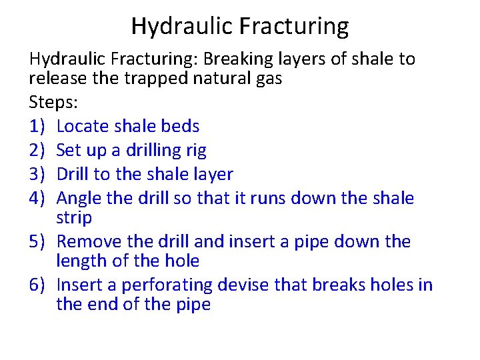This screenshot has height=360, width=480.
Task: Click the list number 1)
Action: [37, 126]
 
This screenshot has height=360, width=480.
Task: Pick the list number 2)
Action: [37, 150]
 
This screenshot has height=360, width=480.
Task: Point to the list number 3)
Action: [37, 174]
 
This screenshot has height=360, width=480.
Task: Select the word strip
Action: [74, 217]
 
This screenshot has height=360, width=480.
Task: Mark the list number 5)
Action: [37, 241]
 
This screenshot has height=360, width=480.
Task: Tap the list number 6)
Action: [37, 285]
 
